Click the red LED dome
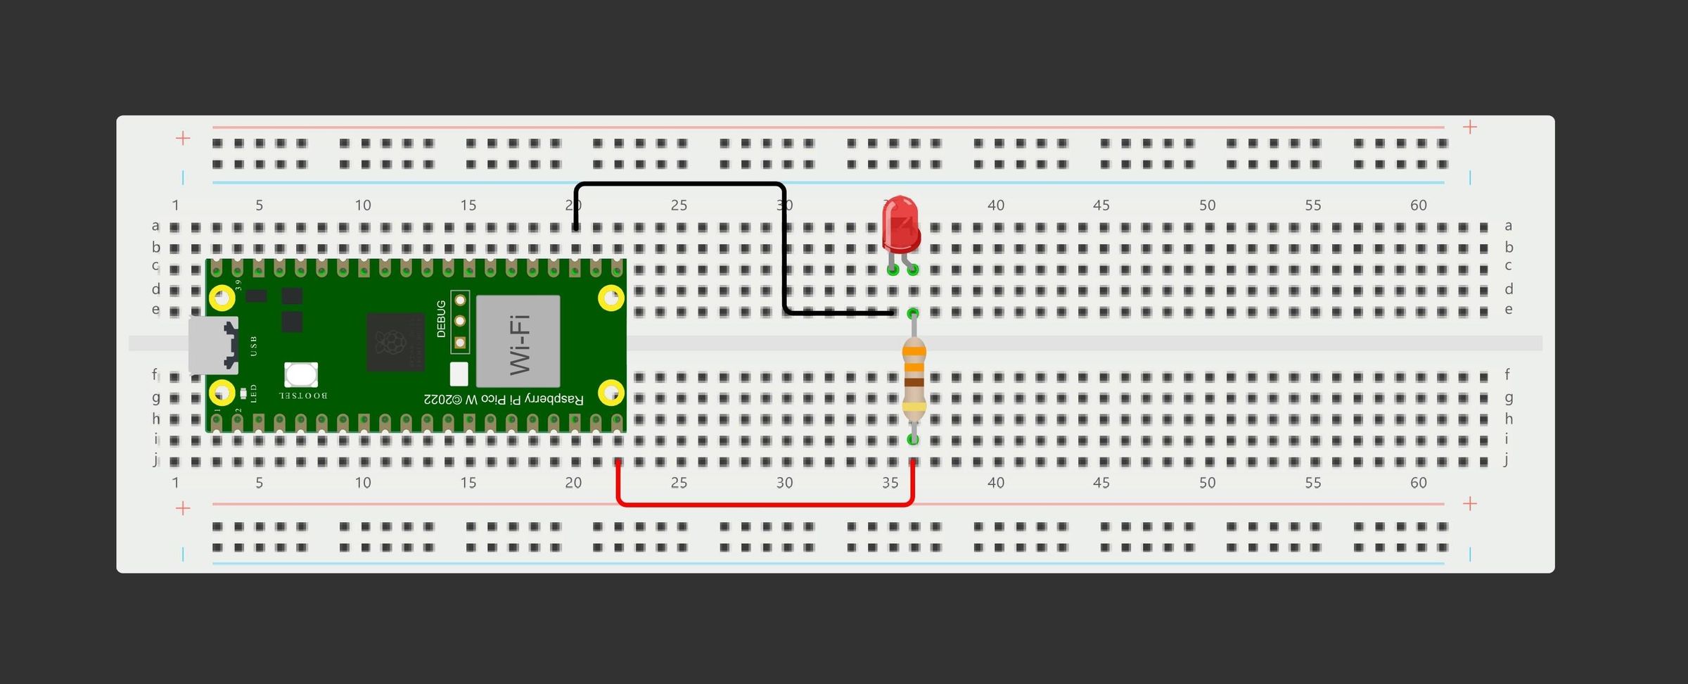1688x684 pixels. [x=901, y=224]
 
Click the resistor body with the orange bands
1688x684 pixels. [x=914, y=380]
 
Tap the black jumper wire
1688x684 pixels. [x=679, y=184]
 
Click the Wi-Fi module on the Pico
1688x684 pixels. [x=518, y=341]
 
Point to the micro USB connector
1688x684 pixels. [x=212, y=345]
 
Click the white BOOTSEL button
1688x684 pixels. [x=301, y=375]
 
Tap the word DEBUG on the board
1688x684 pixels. [x=441, y=319]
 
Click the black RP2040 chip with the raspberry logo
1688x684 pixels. [x=395, y=342]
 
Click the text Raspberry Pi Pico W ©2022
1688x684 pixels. [x=504, y=399]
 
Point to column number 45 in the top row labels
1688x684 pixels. [x=1101, y=205]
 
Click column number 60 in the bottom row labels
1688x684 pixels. [x=1419, y=483]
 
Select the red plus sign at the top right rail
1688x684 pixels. [x=1470, y=127]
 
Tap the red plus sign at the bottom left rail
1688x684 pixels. [x=183, y=508]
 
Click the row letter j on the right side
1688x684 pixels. [x=1507, y=460]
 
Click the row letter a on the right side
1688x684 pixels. [x=1508, y=226]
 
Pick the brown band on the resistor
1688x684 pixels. [x=914, y=382]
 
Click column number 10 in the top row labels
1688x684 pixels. [x=363, y=205]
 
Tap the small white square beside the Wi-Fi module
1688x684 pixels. [x=459, y=374]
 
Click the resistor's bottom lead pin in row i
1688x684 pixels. [x=913, y=440]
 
